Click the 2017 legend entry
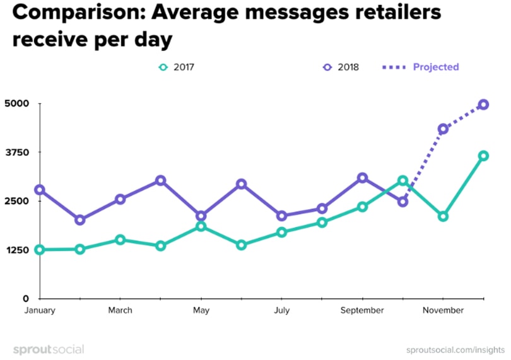tap(177, 67)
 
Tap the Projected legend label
tap(435, 67)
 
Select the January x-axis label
tap(40, 310)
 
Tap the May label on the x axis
tap(201, 310)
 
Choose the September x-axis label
tap(363, 310)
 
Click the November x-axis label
tap(443, 310)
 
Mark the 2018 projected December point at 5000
tap(483, 105)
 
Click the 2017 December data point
tap(483, 156)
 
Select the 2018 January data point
tap(40, 190)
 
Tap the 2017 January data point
tap(40, 250)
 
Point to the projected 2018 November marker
tap(443, 129)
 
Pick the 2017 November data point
tap(443, 216)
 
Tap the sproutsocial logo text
tap(49, 349)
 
